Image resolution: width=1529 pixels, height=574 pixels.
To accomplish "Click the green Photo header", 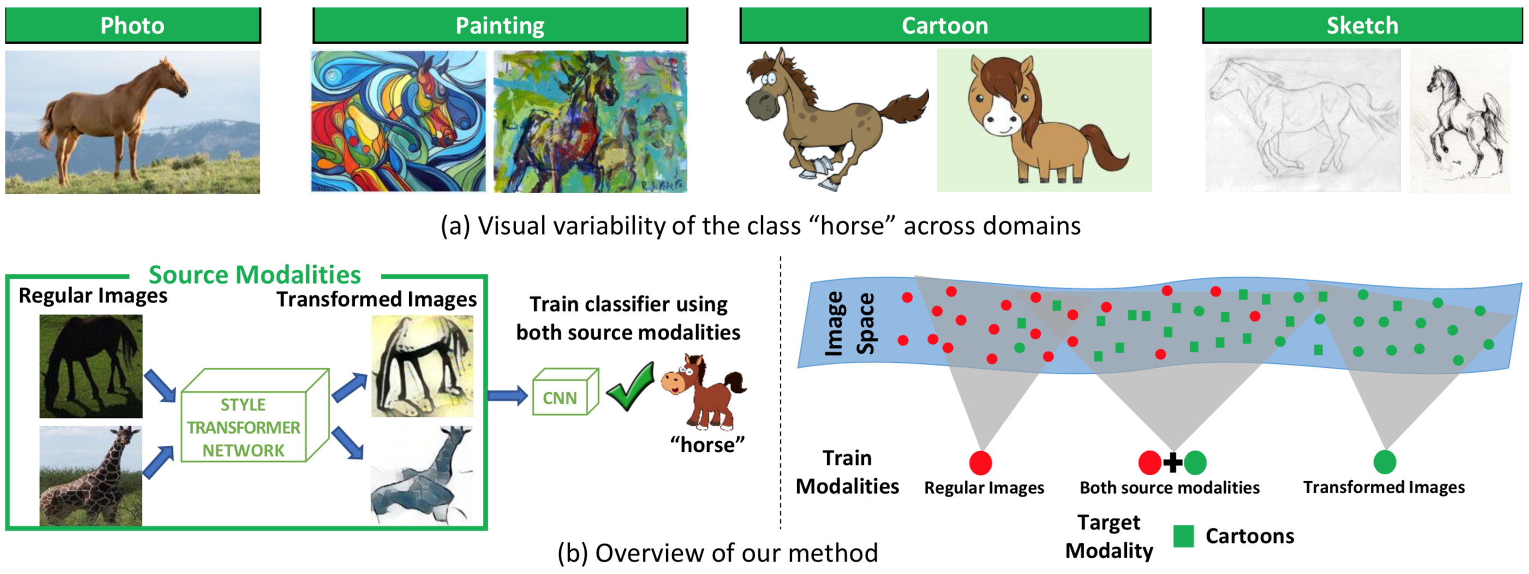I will [133, 26].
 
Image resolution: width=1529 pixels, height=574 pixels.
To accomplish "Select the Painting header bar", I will [500, 26].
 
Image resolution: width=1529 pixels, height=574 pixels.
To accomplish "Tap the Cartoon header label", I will [945, 26].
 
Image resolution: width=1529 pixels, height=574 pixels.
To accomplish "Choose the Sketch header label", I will [1362, 26].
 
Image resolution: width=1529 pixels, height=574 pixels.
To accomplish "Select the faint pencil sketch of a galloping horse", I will [1303, 119].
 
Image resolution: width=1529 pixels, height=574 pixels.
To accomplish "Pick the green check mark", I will [631, 389].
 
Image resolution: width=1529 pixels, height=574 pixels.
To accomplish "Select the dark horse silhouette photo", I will [91, 366].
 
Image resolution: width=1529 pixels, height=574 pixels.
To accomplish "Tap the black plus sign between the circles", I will [1172, 462].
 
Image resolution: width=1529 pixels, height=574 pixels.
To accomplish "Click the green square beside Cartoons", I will [1184, 536].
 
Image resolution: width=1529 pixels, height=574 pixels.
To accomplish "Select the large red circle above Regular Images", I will [981, 462].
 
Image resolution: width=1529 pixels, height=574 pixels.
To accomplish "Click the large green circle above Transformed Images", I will [1385, 462].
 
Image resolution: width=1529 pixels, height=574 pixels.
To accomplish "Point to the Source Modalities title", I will [255, 275].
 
